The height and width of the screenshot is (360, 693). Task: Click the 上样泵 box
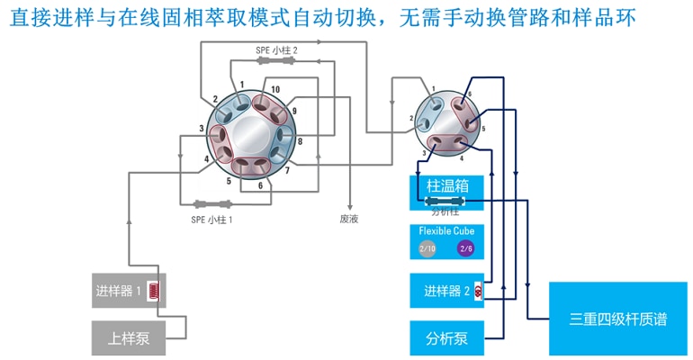(x=128, y=339)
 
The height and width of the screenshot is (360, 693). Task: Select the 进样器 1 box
(x=129, y=291)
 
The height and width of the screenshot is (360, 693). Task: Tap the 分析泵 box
(x=447, y=338)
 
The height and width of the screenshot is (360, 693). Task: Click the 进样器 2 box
(x=447, y=291)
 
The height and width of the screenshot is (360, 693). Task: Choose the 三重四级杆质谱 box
(x=618, y=319)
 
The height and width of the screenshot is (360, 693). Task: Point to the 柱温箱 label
(x=447, y=187)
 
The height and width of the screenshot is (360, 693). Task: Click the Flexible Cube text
(x=447, y=230)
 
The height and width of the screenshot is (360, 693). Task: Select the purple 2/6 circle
(x=465, y=247)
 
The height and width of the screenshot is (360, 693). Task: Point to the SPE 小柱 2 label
(x=276, y=51)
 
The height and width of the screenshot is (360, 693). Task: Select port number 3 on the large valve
(x=201, y=129)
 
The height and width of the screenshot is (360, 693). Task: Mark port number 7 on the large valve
(x=287, y=170)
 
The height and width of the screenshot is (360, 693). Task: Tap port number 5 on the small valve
(x=483, y=129)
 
